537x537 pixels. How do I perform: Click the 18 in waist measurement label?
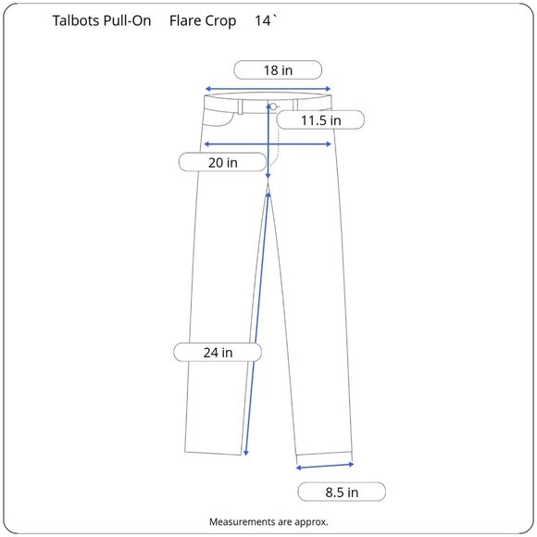coord(277,69)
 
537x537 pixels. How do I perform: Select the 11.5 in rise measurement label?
coord(320,120)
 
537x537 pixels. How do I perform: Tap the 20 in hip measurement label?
coord(221,162)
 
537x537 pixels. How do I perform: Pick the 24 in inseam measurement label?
coord(218,352)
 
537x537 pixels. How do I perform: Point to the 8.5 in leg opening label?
coord(340,492)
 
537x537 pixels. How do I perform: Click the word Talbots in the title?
coord(78,20)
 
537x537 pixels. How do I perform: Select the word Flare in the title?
coord(187,20)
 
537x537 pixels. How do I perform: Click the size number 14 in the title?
coord(262,20)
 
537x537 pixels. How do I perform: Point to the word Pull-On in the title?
coord(129,20)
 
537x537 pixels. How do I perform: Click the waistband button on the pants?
coord(274,106)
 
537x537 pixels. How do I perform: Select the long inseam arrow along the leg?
coord(258,324)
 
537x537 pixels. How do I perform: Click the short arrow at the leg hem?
coord(325,466)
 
